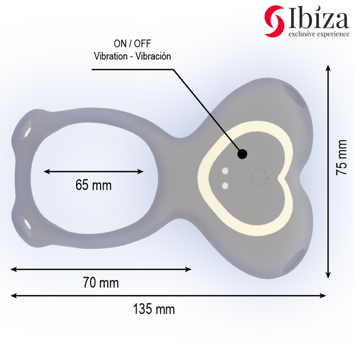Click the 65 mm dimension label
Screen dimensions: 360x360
pos(93,185)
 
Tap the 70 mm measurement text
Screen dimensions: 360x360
pos(101,283)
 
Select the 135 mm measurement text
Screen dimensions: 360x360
pos(154,309)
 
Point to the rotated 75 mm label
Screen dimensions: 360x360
pos(341,157)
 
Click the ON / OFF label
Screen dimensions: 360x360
pos(132,44)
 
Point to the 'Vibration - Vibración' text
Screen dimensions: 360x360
pos(132,56)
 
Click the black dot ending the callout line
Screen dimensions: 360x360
pos(242,153)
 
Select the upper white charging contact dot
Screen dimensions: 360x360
pos(225,171)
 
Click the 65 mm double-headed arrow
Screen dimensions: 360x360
pos(93,171)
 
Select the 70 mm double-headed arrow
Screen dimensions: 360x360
pos(101,269)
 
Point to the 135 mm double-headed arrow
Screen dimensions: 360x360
pos(168,296)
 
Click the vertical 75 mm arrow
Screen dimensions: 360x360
pos(328,171)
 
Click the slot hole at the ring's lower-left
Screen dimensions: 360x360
pos(26,224)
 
